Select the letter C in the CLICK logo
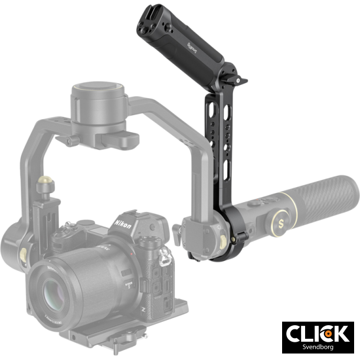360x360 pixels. [293, 333]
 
